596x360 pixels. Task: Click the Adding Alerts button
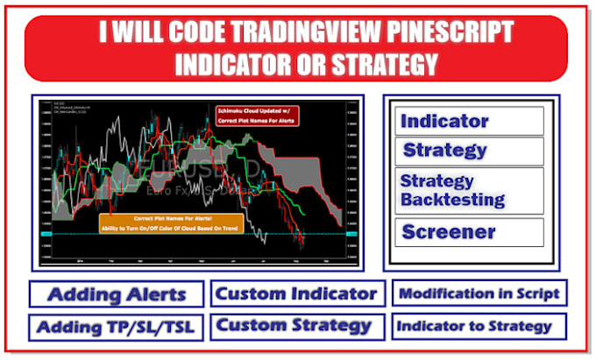click(117, 293)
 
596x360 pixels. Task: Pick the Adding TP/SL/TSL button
click(117, 328)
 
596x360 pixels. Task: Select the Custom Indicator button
click(297, 293)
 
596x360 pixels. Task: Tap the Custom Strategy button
click(297, 326)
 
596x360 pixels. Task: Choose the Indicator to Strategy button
click(479, 327)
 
